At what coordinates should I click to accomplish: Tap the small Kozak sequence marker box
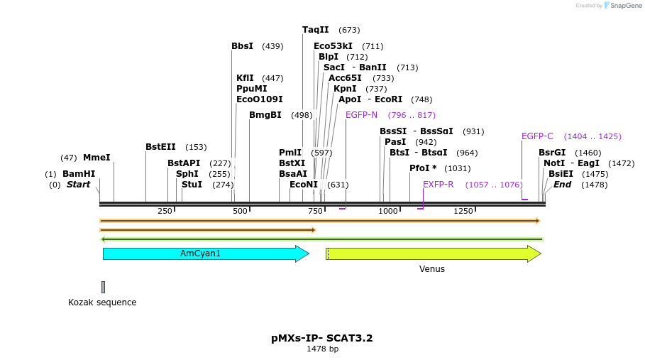click(x=103, y=287)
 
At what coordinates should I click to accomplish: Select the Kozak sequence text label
click(x=102, y=302)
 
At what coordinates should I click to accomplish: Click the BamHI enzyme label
click(x=78, y=174)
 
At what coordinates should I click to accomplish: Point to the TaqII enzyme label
click(x=316, y=30)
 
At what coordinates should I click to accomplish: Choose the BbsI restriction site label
click(x=242, y=46)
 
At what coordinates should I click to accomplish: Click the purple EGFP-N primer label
click(x=361, y=115)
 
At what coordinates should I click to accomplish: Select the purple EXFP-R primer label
click(x=438, y=185)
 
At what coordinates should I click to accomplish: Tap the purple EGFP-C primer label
click(x=537, y=136)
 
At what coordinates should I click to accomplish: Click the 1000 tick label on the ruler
click(x=387, y=211)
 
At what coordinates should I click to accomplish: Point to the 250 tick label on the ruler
click(x=165, y=211)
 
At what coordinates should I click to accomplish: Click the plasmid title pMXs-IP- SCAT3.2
click(x=322, y=338)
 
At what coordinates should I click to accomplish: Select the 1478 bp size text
click(x=322, y=349)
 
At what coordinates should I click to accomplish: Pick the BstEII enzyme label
click(x=160, y=147)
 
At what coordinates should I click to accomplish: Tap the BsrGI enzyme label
click(x=552, y=153)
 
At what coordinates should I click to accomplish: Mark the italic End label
click(x=562, y=185)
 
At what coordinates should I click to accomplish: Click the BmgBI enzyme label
click(x=265, y=115)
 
